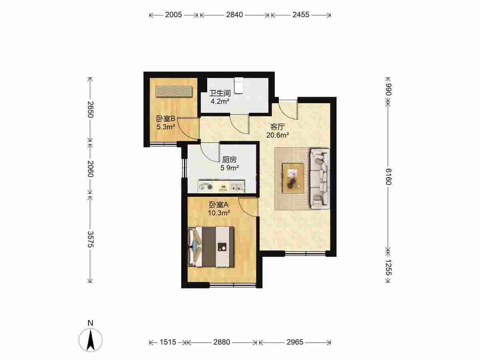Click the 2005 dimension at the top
(x=174, y=15)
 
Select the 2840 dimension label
(x=234, y=15)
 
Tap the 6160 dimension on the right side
(x=388, y=177)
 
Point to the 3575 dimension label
(x=90, y=239)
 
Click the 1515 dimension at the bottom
(x=168, y=342)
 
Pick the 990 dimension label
(x=388, y=90)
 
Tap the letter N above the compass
(x=90, y=323)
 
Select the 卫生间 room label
(x=220, y=93)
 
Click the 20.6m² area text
(x=278, y=135)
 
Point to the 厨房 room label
(x=229, y=160)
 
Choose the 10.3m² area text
(x=219, y=213)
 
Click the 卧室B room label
(x=166, y=119)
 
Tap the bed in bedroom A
(x=211, y=247)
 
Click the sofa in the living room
(x=320, y=178)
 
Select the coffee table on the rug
(x=293, y=178)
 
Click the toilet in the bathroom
(x=238, y=86)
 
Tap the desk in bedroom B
(x=174, y=91)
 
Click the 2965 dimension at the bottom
(x=295, y=342)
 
